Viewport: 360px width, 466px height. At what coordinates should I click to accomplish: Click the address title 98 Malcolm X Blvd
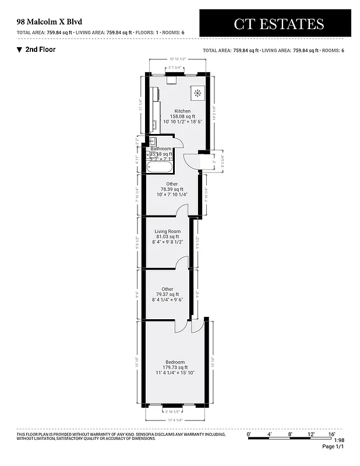[x=50, y=22]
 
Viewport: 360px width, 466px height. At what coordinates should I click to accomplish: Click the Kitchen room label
[x=182, y=111]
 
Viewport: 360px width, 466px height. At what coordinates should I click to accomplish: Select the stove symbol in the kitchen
[x=197, y=93]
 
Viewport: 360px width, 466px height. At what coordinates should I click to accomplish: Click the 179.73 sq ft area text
[x=175, y=367]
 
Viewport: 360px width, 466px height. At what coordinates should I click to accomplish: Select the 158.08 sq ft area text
[x=182, y=116]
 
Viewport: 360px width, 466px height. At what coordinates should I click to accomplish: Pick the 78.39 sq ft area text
[x=172, y=189]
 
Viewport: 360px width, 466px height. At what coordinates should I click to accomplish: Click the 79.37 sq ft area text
[x=168, y=294]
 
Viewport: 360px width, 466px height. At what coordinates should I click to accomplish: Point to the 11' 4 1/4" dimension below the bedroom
[x=175, y=419]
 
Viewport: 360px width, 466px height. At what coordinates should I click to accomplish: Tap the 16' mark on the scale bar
[x=331, y=434]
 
